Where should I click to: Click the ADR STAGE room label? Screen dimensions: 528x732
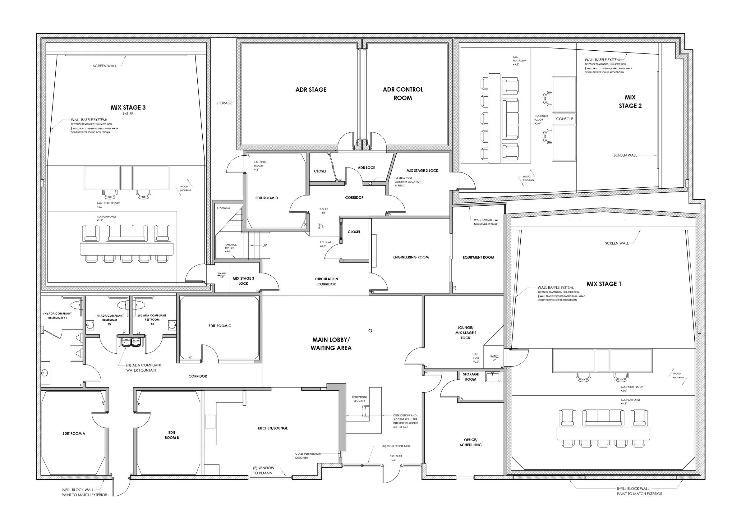coord(311,90)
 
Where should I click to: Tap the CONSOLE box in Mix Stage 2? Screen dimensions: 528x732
coord(564,119)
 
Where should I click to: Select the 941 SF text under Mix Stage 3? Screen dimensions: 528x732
coord(128,114)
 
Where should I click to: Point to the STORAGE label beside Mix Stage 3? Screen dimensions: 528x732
coord(224,103)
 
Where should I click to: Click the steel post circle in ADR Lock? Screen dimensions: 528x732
coord(370,183)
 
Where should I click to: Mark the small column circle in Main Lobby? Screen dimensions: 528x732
coord(370,330)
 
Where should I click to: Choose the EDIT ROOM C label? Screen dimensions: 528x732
coord(219,326)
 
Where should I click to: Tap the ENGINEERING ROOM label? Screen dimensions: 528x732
coord(411,257)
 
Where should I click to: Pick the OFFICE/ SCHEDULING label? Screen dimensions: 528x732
coord(471,442)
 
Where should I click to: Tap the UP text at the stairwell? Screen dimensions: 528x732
coord(264,245)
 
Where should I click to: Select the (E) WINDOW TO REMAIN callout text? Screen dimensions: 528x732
coord(263,470)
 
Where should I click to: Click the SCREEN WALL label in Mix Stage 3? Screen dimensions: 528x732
coord(104,66)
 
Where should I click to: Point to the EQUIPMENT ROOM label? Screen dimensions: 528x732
coord(478,257)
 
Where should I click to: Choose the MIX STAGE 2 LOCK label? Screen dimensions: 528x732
coord(422,171)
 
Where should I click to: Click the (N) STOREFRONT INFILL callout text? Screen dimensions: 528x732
coord(396,446)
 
